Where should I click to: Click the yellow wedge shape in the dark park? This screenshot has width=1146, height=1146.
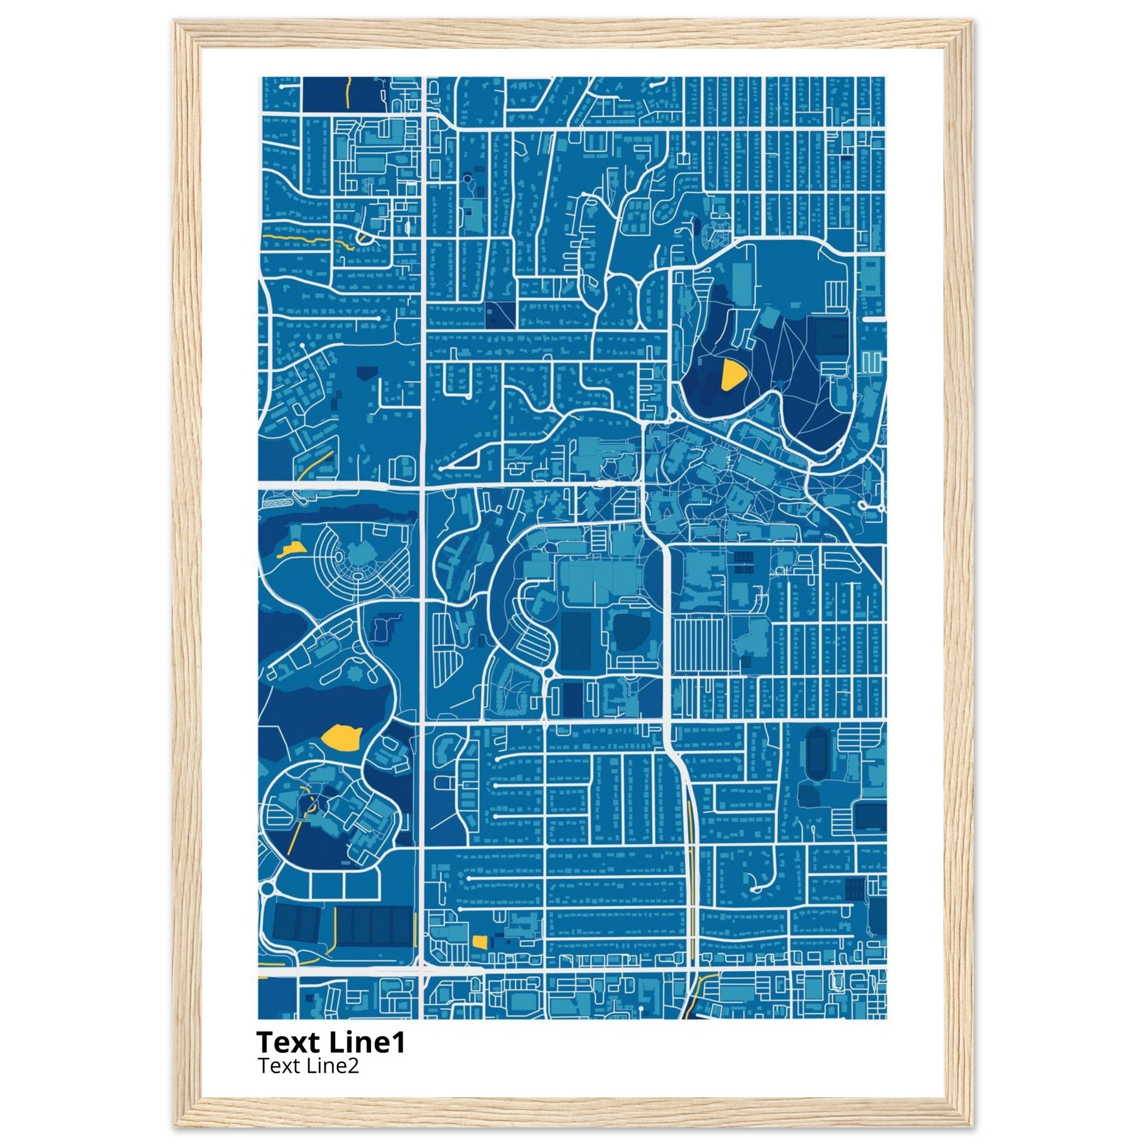coord(731,375)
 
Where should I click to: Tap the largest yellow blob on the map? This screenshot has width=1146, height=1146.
coord(341,738)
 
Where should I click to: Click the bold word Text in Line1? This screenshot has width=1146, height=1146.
coord(286,1042)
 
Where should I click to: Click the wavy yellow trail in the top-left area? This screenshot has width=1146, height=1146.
coord(297,238)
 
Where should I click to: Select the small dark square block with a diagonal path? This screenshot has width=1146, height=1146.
coord(500,315)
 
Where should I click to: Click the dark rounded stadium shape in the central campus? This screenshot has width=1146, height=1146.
coord(628,632)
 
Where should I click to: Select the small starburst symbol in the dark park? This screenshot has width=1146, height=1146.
coord(355,674)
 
